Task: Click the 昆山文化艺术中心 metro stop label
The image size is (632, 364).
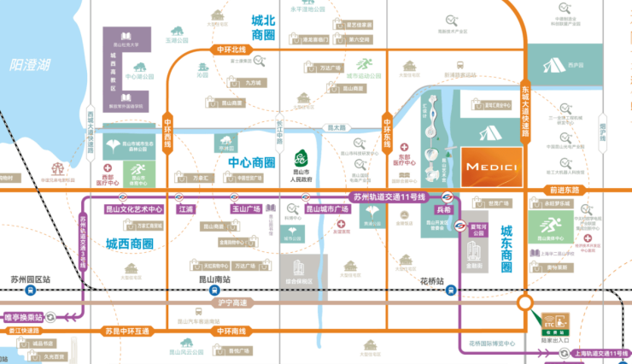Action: coord(132,208)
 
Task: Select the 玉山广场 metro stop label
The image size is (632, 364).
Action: coord(246,208)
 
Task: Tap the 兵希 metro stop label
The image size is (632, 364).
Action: coord(442,208)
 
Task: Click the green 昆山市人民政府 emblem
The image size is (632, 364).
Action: coord(300,160)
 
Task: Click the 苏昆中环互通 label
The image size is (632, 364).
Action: coord(126,331)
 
